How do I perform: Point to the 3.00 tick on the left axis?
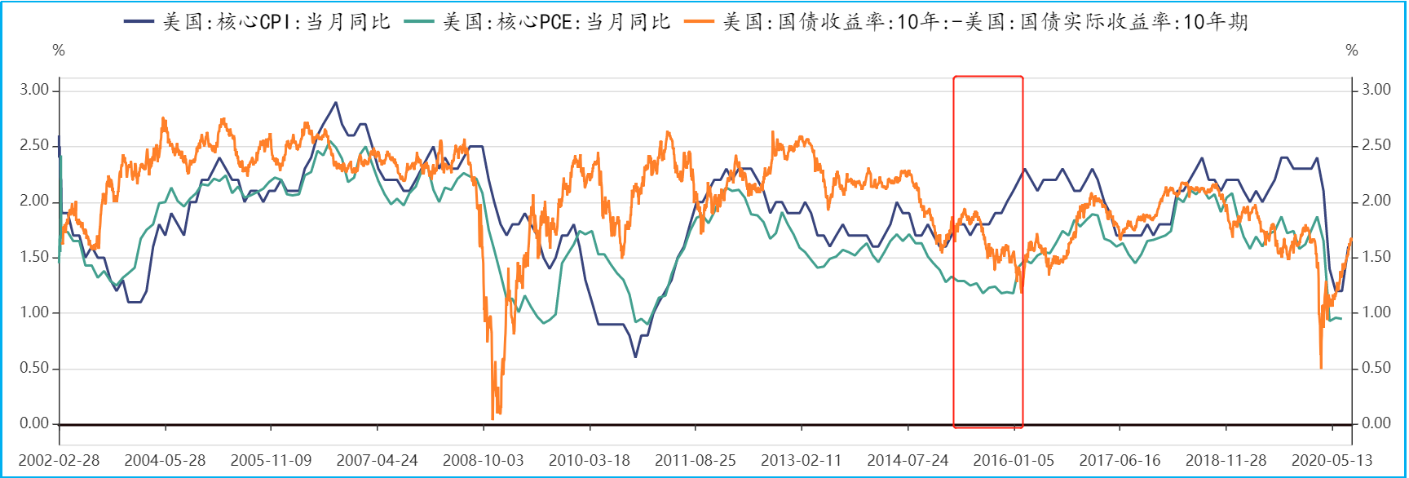35,90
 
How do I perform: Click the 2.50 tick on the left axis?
35,145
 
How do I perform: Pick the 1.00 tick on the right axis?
1376,312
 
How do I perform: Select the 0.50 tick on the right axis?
1376,368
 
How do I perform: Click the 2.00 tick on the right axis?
1376,201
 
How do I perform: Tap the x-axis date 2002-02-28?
59,460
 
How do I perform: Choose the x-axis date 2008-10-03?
483,460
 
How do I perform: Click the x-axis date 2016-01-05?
1014,460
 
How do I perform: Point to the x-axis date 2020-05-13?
1332,460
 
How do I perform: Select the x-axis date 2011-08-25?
696,460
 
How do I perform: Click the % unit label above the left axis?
59,51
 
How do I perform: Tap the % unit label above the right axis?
1352,51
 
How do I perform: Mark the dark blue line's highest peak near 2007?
335,103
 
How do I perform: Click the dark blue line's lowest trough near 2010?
635,356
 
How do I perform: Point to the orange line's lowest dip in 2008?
492,418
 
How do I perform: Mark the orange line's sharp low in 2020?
1321,368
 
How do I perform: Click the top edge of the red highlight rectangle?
988,77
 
